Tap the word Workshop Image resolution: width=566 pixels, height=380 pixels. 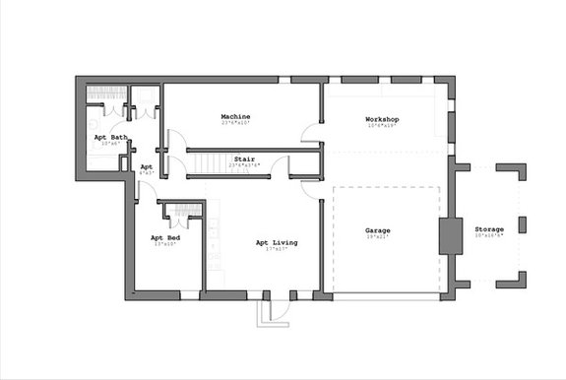pos(383,120)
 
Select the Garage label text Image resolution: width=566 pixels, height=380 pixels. pos(378,230)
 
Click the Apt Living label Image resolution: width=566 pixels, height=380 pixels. pos(277,242)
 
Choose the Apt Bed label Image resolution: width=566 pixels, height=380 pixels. pos(164,237)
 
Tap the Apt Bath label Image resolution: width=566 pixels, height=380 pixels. pos(110,137)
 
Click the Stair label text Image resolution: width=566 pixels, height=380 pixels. pos(244,158)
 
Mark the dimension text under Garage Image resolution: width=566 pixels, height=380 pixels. pos(378,237)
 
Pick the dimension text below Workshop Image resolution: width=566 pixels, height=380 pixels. pos(383,127)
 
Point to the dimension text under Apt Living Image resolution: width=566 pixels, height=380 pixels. pos(277,249)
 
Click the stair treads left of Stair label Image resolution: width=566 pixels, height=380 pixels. pos(205,163)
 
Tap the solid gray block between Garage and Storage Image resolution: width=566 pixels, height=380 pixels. pos(450,236)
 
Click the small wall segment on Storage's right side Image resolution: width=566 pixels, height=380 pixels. pos(522,224)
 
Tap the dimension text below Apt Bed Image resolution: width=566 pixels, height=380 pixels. pos(164,244)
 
